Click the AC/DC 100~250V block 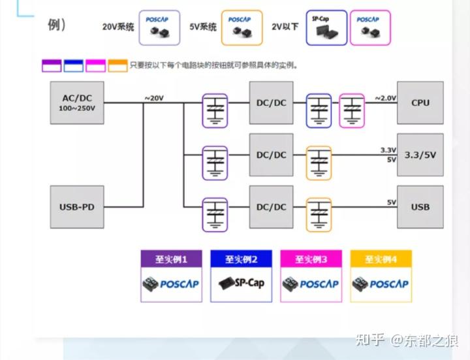(77, 103)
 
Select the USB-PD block (77, 207)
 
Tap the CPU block (420, 103)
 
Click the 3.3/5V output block (420, 155)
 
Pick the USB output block (420, 207)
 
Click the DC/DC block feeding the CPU (271, 103)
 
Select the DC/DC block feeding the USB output (271, 207)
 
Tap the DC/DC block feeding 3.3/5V (271, 155)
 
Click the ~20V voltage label (154, 98)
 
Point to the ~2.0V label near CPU (385, 98)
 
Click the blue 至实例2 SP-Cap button (242, 275)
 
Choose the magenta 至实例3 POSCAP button (311, 275)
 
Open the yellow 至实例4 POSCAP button (381, 275)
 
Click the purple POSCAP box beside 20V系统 (159, 27)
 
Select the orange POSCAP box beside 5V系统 (242, 27)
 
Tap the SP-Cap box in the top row (326, 27)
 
